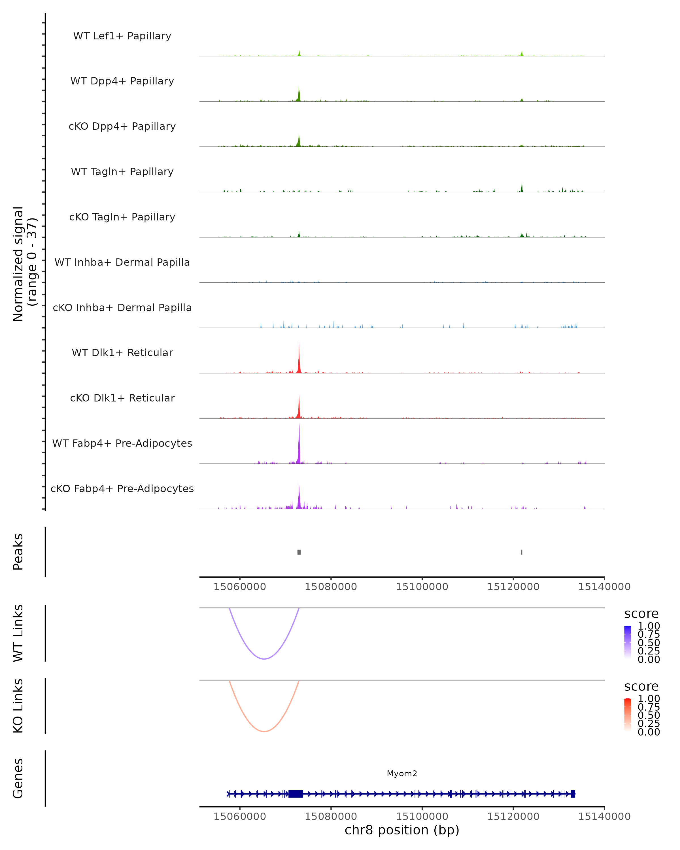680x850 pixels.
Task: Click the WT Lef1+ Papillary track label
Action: click(122, 36)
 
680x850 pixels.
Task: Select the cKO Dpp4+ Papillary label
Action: click(122, 126)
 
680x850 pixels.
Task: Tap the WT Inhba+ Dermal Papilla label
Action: click(122, 262)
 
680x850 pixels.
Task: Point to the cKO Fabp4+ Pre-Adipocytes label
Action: click(122, 488)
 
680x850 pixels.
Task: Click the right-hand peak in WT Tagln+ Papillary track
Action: click(522, 188)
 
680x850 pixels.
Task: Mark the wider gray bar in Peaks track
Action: click(299, 552)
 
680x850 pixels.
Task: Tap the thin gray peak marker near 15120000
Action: click(522, 552)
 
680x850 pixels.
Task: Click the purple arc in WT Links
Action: click(264, 658)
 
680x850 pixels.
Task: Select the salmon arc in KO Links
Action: click(264, 731)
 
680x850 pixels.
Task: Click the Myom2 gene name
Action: click(402, 773)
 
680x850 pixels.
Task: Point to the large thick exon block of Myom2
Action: click(296, 794)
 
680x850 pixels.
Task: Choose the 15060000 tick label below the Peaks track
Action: click(240, 587)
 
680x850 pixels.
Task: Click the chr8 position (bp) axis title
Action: click(402, 830)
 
